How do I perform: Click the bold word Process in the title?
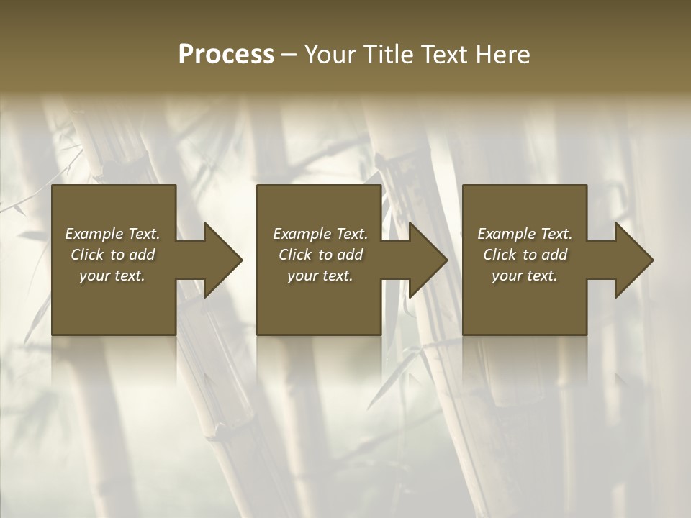coord(226,55)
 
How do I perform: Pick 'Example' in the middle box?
coord(297,234)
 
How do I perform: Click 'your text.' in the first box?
coord(112,276)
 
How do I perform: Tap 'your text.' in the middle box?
coord(320,276)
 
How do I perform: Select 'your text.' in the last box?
coord(525,276)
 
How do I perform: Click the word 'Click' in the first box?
coord(87,255)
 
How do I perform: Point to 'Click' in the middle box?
coord(295,255)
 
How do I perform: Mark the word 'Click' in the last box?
coord(500,255)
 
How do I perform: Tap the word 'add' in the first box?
coord(142,255)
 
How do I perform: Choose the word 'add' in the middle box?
coord(350,255)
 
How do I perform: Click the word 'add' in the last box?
coord(554,255)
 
